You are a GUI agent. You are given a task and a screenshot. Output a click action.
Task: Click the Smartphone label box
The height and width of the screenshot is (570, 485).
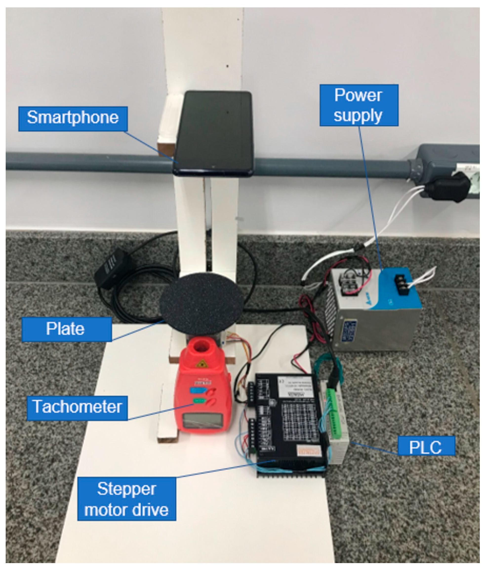click(x=73, y=118)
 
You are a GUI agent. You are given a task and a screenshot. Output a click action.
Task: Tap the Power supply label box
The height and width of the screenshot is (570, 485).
click(x=359, y=105)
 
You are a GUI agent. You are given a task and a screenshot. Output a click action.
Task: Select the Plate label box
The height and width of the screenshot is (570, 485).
click(x=66, y=329)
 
